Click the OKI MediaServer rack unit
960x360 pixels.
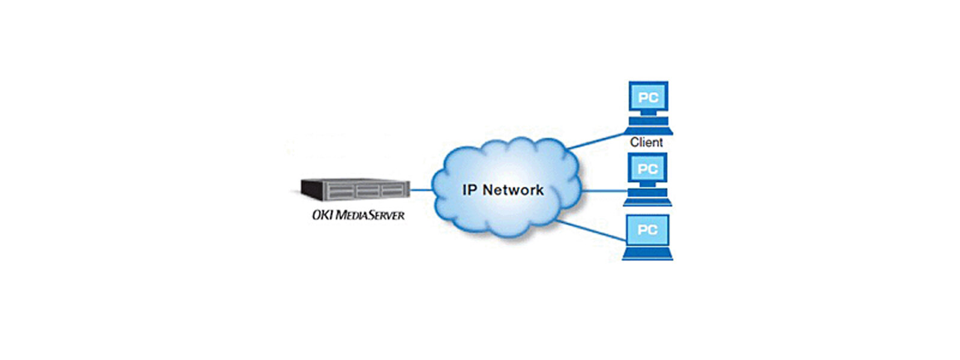355,190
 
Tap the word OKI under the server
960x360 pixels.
322,214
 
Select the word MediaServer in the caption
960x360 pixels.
369,214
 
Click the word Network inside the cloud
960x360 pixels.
513,190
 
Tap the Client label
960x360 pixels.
646,142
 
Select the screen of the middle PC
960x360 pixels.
647,169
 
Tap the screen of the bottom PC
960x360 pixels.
647,229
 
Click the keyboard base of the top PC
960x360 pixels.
648,130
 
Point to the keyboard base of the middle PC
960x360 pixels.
647,201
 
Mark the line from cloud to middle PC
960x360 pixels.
603,191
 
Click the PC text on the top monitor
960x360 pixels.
647,97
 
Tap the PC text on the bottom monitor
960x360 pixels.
647,229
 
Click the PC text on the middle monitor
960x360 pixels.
647,169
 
